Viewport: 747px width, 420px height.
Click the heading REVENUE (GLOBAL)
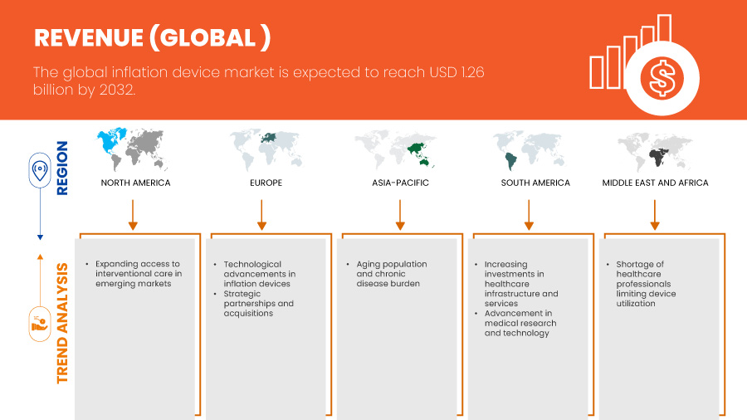[152, 38]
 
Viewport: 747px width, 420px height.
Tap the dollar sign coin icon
[662, 79]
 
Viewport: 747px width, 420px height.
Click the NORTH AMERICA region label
[135, 183]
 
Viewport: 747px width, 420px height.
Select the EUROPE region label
[266, 183]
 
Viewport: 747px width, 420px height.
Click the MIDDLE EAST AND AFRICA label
[655, 183]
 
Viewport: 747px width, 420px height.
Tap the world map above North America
[135, 150]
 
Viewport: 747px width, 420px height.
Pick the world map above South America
[531, 150]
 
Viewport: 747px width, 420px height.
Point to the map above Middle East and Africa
[656, 150]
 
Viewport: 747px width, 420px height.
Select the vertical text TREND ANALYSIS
[63, 324]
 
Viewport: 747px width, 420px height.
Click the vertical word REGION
[63, 168]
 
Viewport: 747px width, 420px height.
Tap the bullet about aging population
[392, 274]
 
